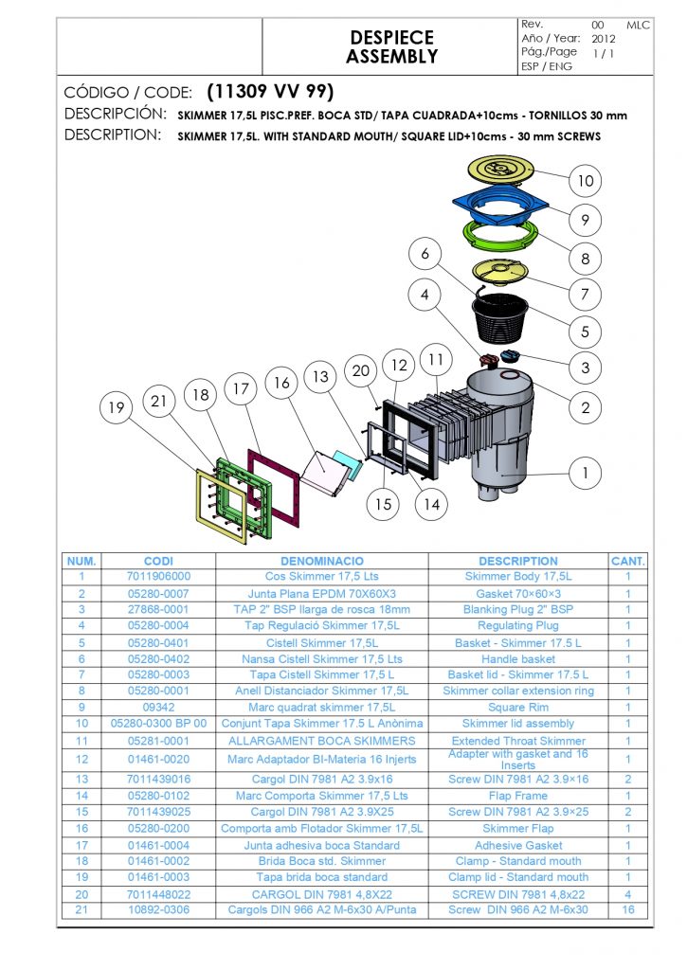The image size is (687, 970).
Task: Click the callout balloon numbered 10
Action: (586, 180)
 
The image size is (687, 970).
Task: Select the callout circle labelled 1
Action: (586, 471)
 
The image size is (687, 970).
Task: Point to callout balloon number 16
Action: (281, 383)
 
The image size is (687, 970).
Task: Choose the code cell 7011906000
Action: (158, 576)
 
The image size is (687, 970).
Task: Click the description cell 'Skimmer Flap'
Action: (518, 828)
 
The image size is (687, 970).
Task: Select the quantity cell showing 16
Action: (627, 909)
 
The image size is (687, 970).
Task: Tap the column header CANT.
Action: (627, 561)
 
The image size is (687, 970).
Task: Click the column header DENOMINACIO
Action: (322, 561)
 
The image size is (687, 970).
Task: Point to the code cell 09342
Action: (158, 707)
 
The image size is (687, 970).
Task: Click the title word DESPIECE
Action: (391, 38)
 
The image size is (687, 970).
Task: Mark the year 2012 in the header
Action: (604, 39)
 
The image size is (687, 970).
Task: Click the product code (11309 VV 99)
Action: (269, 92)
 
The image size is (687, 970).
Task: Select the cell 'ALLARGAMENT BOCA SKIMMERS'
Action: (322, 740)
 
